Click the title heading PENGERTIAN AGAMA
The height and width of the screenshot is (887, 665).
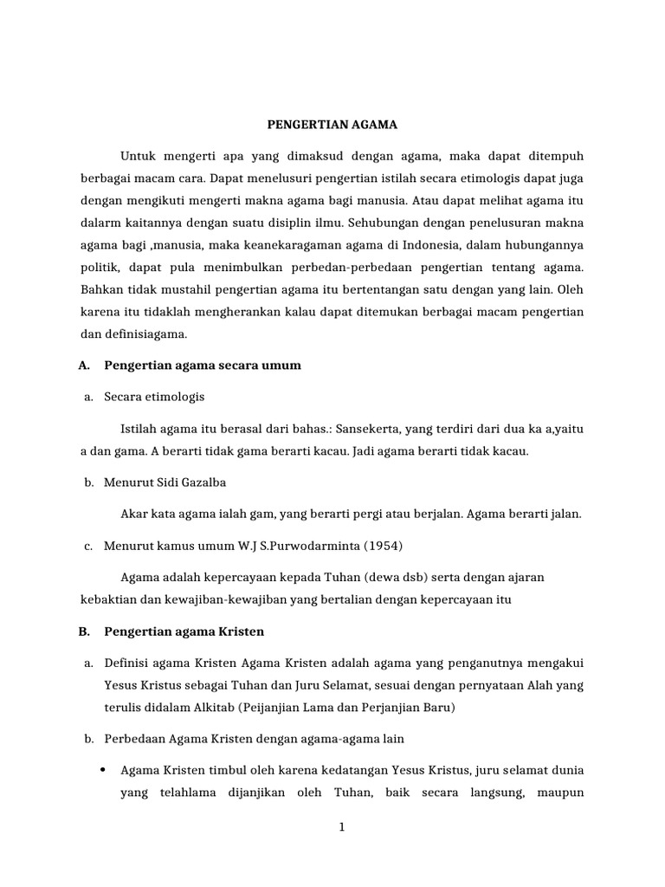(331, 125)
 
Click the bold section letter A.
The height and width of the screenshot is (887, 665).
(84, 366)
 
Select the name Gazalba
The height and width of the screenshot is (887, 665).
(202, 483)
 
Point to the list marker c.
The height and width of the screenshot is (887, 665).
(88, 546)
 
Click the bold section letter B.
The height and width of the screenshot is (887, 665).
(84, 631)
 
